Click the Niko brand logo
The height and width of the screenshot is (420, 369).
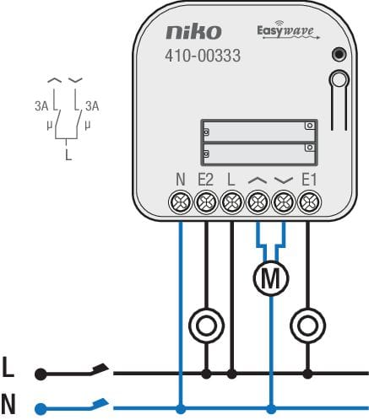(193, 32)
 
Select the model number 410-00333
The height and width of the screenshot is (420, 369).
(203, 56)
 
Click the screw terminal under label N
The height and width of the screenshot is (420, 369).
(181, 202)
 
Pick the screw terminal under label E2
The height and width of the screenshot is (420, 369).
(206, 202)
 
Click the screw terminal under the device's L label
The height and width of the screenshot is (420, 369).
(231, 202)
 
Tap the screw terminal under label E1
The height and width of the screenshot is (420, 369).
(309, 202)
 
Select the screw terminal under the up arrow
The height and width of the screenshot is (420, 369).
(258, 202)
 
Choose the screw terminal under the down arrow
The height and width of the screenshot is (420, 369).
(284, 202)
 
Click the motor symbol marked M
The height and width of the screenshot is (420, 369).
(271, 278)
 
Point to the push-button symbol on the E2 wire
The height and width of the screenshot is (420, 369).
(206, 326)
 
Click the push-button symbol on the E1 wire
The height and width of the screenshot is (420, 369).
(307, 326)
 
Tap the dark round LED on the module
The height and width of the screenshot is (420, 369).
(339, 54)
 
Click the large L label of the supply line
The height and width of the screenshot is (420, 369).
(8, 367)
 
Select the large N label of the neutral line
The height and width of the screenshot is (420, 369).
(8, 404)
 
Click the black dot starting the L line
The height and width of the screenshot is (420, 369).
(41, 374)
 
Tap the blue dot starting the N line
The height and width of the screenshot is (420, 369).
(41, 409)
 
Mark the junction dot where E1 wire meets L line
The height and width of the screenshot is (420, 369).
(307, 374)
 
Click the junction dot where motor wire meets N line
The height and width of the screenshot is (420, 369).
(271, 409)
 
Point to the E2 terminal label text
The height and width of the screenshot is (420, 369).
(206, 180)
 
